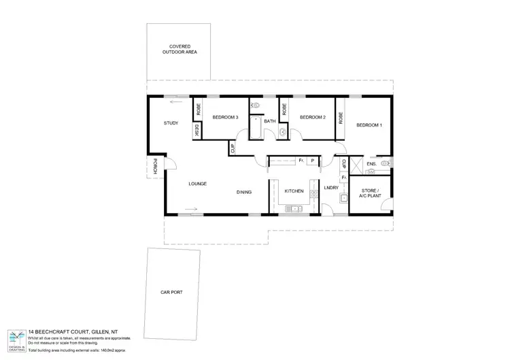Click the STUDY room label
171,123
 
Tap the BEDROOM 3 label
225,118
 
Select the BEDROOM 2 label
313,118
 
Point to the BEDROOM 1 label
369,125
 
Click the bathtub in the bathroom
257,127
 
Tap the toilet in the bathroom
256,106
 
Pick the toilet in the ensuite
386,163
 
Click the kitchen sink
294,209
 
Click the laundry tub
344,199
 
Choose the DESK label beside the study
197,129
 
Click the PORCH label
155,167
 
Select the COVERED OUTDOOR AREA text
180,49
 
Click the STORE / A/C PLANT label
371,193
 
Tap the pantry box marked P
312,161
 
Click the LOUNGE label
198,184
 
